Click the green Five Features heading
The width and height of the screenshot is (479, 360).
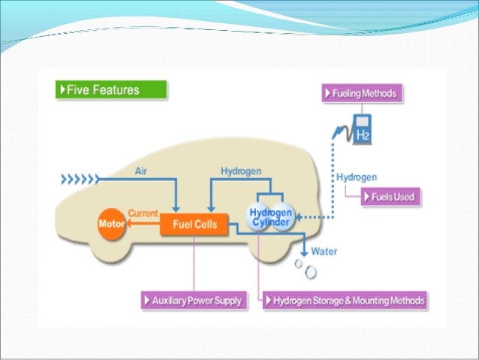(111, 90)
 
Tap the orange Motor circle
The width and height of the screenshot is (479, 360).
(111, 224)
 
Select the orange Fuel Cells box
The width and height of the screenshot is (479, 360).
(194, 224)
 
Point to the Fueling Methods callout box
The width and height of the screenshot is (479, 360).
(363, 94)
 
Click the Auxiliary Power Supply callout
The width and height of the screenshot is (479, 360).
(193, 301)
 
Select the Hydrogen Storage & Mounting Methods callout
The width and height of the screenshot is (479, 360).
(345, 301)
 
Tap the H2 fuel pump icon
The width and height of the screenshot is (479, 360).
(363, 129)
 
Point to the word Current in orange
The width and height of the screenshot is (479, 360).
(143, 214)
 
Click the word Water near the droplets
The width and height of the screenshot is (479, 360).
(324, 250)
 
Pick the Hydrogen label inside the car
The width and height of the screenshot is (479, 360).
(240, 171)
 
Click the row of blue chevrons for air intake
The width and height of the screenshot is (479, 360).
(79, 180)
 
